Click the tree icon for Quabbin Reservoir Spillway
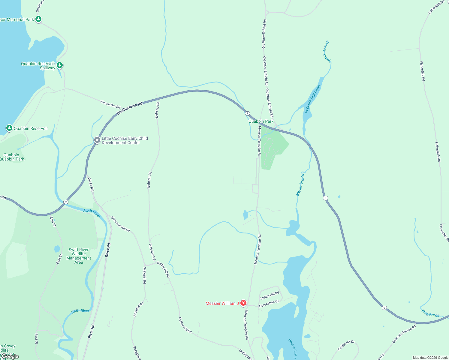click(x=60, y=65)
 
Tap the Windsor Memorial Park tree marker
click(x=38, y=19)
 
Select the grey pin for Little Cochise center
click(x=97, y=140)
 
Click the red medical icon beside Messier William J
click(x=243, y=303)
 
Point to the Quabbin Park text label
click(x=261, y=121)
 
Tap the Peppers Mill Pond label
click(x=312, y=99)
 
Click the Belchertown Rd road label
click(x=129, y=108)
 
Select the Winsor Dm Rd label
click(x=110, y=104)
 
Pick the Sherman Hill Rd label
click(x=120, y=224)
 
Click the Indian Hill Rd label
click(x=270, y=295)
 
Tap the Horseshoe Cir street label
click(x=269, y=304)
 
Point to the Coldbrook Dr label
click(x=346, y=345)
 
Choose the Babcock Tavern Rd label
click(x=404, y=334)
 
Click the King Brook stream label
click(x=430, y=313)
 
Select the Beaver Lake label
click(x=292, y=348)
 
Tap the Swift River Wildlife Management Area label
click(x=79, y=256)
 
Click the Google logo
click(x=10, y=356)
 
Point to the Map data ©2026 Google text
click(x=430, y=358)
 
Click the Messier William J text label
click(x=222, y=303)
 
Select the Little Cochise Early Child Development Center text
click(x=125, y=140)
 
